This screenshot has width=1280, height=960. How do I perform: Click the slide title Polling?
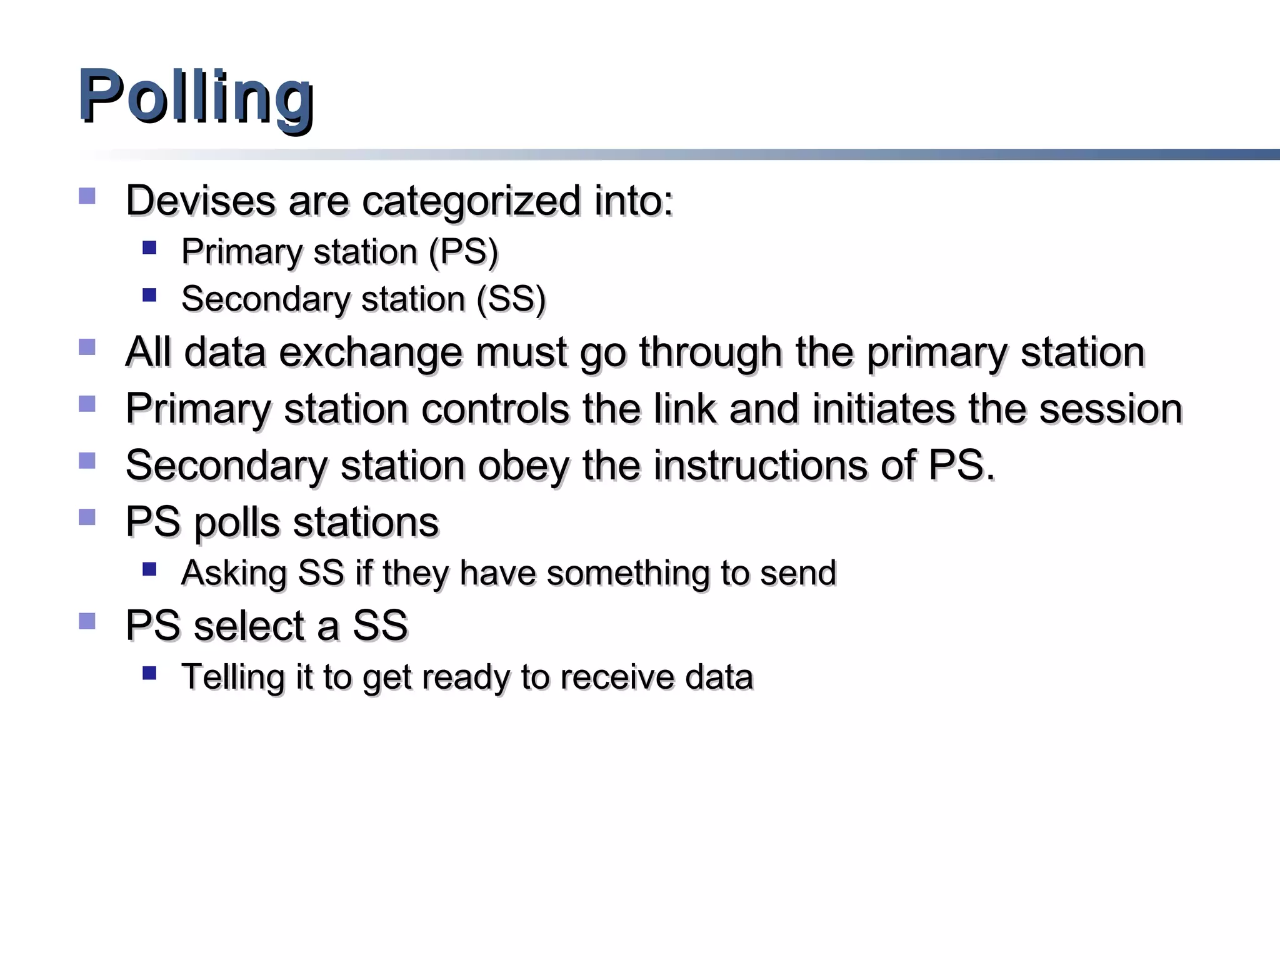[196, 97]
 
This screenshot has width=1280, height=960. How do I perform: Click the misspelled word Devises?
[200, 201]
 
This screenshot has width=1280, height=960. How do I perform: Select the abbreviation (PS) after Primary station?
[463, 252]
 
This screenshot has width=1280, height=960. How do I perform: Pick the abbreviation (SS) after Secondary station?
[511, 299]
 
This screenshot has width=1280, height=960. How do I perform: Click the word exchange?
[371, 352]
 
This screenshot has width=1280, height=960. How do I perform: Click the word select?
[266, 626]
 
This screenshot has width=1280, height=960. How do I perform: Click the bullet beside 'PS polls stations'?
[87, 517]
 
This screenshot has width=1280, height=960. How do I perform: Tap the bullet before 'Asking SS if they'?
[149, 569]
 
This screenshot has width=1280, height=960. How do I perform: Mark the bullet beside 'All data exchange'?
[87, 347]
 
